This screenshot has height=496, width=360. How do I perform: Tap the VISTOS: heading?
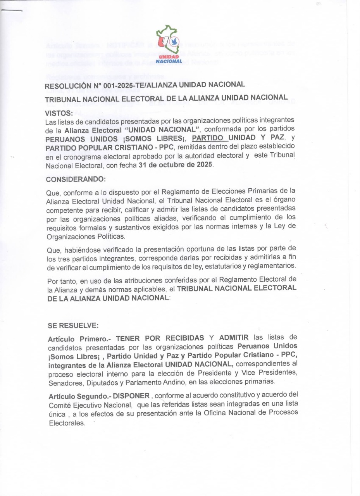(59, 113)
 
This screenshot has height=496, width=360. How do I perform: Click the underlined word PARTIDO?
(209, 138)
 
